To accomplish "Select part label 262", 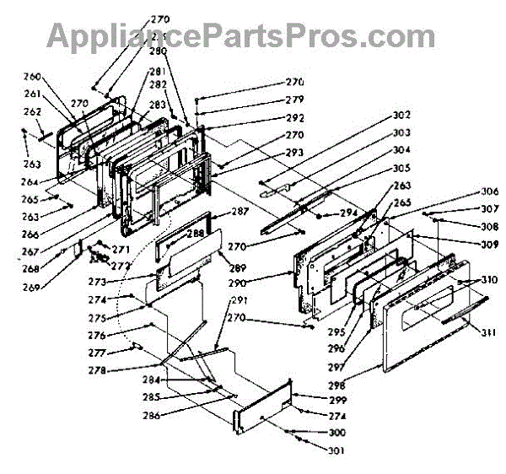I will point(55,111).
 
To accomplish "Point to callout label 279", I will point(293,100).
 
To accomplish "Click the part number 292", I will point(293,118).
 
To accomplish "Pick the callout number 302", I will point(401,115).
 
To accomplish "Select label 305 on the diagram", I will point(401,168).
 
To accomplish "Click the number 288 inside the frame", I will point(196,234).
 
